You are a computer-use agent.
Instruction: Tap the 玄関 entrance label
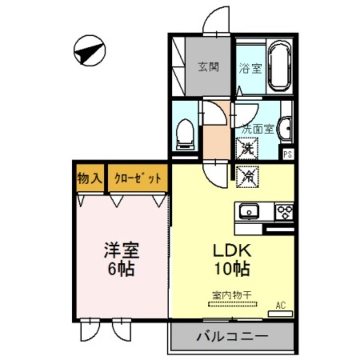209,68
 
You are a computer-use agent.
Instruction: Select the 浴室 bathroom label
250,68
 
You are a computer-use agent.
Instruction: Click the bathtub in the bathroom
280,66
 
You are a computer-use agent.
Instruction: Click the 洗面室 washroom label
257,129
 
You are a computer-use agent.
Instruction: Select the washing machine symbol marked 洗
247,147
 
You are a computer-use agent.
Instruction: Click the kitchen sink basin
248,211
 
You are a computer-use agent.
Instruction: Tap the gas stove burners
284,211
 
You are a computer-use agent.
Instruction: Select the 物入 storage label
89,178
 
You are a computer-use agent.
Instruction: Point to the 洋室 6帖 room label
121,259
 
